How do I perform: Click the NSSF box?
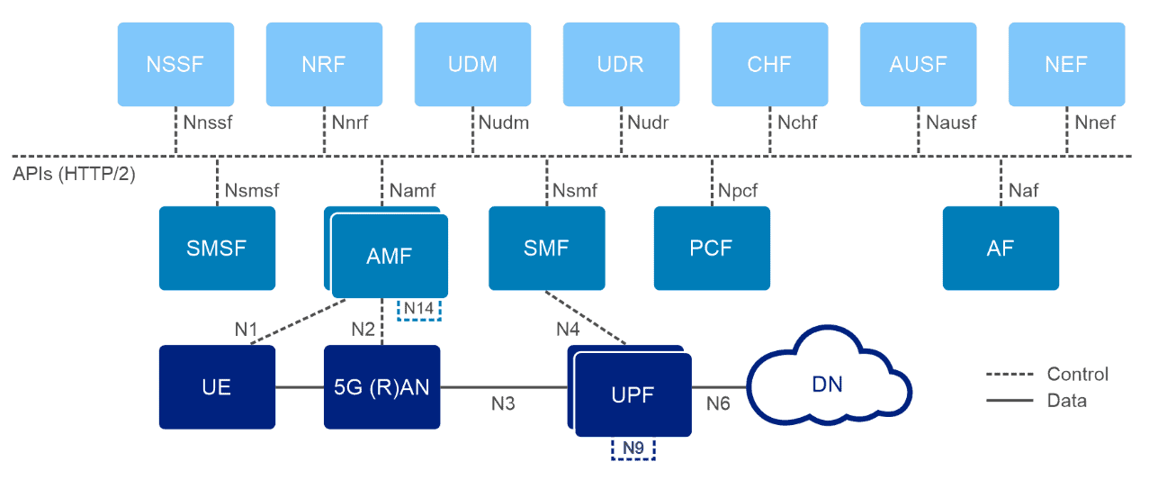pyautogui.click(x=175, y=64)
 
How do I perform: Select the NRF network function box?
pyautogui.click(x=324, y=64)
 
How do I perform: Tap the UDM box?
pyautogui.click(x=472, y=64)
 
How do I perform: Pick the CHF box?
pyautogui.click(x=769, y=64)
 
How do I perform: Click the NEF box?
pyautogui.click(x=1066, y=64)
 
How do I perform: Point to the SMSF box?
pyautogui.click(x=217, y=249)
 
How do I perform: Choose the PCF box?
pyautogui.click(x=712, y=249)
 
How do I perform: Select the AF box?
pyautogui.click(x=1001, y=249)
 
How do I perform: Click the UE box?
pyautogui.click(x=217, y=386)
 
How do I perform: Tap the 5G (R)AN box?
pyautogui.click(x=382, y=386)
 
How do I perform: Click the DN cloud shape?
pyautogui.click(x=828, y=385)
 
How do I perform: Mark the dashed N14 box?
pyautogui.click(x=419, y=309)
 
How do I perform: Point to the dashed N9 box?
pyautogui.click(x=633, y=448)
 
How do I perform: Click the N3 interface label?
pyautogui.click(x=503, y=404)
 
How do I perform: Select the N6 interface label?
pyautogui.click(x=718, y=404)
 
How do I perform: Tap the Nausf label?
pyautogui.click(x=951, y=122)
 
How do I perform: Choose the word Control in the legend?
pyautogui.click(x=1077, y=374)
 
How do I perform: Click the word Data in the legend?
pyautogui.click(x=1066, y=401)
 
